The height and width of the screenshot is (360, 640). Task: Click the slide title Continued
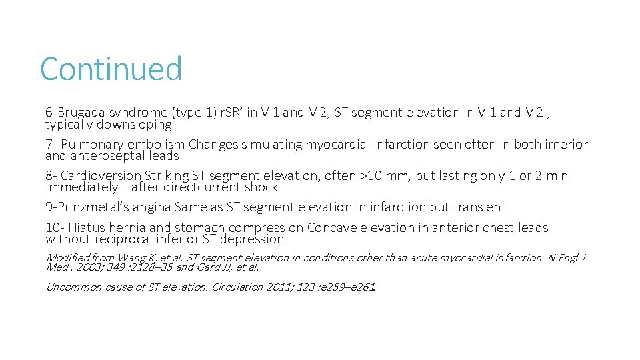(x=111, y=69)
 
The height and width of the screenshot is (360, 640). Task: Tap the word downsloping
(x=135, y=125)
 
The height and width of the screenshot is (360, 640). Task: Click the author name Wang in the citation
(x=135, y=258)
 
